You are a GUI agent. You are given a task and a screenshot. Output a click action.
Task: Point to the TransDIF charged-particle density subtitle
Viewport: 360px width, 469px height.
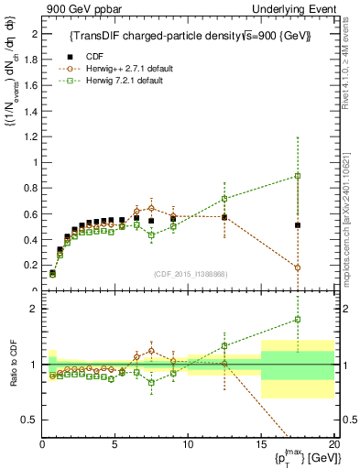click(191, 36)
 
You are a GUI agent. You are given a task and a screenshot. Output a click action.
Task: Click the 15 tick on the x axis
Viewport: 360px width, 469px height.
click(261, 444)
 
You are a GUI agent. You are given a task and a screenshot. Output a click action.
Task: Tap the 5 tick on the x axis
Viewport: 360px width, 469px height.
click(115, 444)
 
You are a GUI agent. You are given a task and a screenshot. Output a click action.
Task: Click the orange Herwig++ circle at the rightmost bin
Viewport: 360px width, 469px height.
click(297, 267)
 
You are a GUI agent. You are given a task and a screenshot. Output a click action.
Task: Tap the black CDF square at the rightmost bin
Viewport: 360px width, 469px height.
click(297, 224)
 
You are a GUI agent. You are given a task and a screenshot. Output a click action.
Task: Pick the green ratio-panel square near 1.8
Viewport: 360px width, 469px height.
click(297, 320)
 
